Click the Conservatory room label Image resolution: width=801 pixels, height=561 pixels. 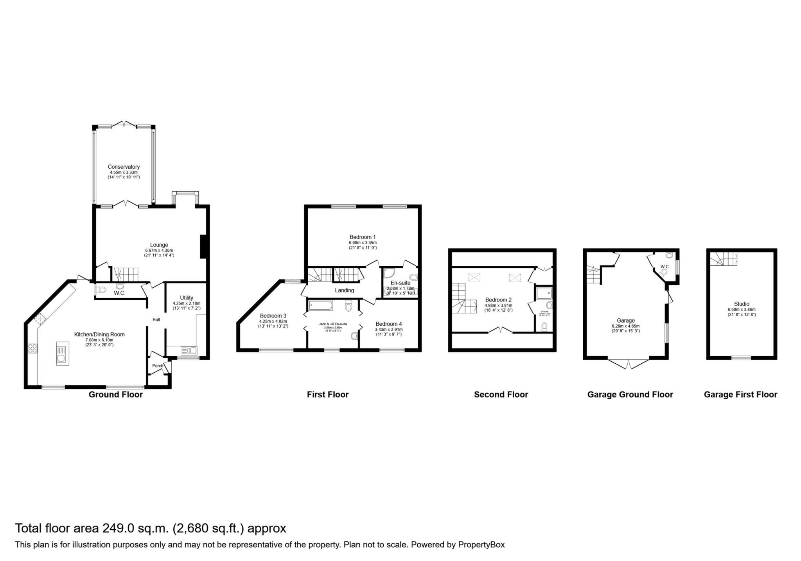(x=124, y=167)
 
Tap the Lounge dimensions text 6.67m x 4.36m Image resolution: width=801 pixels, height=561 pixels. (x=159, y=251)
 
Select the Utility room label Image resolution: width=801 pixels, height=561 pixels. (x=187, y=298)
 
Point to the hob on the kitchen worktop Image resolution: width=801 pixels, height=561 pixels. (x=32, y=348)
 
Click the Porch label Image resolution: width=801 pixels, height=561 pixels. (x=158, y=366)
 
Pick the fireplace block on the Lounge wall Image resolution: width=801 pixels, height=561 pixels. (x=203, y=246)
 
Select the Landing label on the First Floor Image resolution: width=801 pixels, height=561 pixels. (x=344, y=290)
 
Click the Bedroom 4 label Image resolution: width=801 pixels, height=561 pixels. (x=388, y=324)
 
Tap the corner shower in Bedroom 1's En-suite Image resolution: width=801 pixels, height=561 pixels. (x=388, y=273)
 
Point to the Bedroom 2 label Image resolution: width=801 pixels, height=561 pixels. (x=498, y=300)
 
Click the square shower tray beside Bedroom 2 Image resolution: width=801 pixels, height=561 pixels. (x=544, y=293)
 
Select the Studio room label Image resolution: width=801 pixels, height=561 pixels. (x=742, y=304)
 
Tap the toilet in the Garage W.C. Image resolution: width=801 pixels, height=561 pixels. (x=664, y=272)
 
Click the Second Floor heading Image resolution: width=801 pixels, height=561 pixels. (x=501, y=395)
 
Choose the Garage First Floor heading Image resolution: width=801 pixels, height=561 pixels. (x=740, y=395)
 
